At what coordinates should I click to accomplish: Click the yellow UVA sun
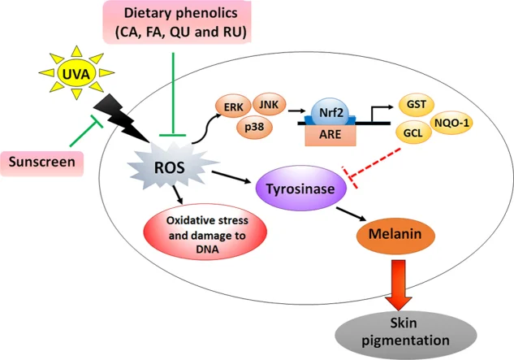76,73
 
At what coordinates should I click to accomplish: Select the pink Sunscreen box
42,163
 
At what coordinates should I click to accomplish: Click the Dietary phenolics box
177,22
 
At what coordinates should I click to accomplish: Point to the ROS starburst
171,168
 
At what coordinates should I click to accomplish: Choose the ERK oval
233,106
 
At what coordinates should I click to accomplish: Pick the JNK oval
269,104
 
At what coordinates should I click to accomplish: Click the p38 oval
254,127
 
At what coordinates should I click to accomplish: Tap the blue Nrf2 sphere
330,112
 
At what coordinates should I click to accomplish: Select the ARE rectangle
330,135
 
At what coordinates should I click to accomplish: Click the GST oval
417,105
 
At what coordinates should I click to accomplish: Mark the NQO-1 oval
451,124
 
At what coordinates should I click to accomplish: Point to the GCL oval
413,132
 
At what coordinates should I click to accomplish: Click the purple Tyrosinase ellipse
301,188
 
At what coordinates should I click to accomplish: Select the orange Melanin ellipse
395,234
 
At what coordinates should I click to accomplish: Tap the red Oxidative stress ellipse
205,232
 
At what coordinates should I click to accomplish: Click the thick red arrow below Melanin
398,284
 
